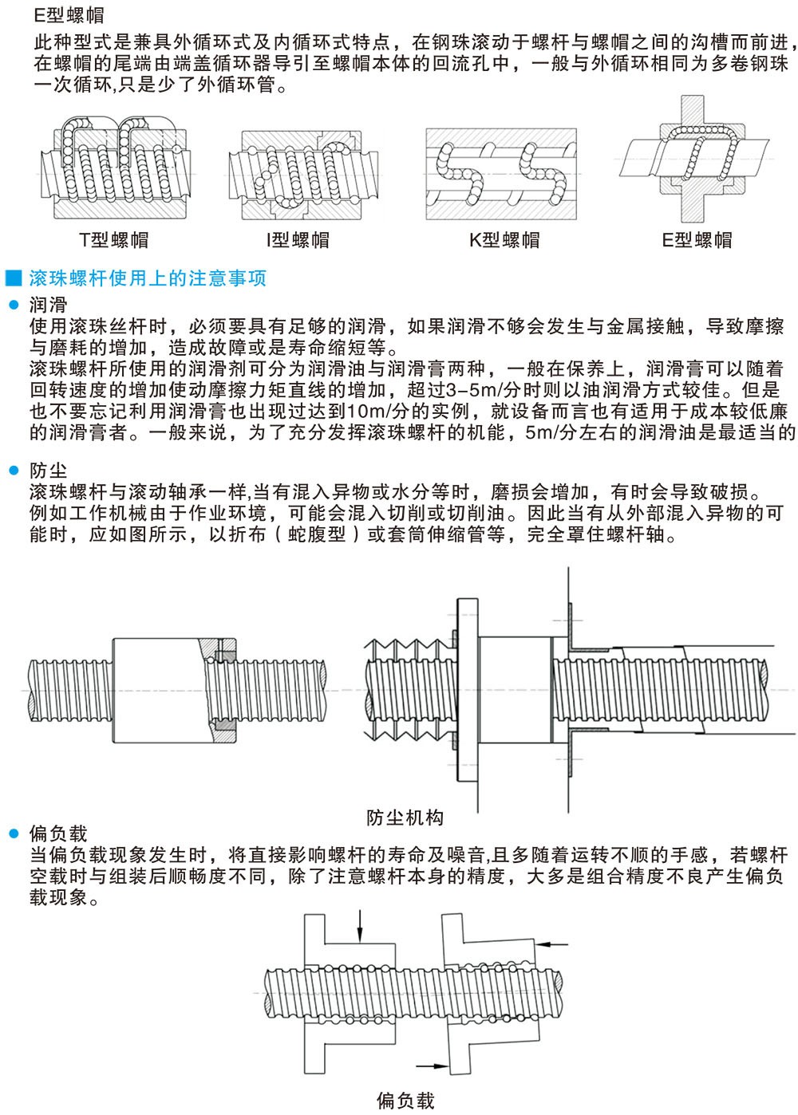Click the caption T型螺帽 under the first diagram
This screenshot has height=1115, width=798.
[114, 240]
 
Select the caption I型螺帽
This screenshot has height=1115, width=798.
[298, 240]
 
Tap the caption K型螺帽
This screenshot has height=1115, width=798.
[504, 240]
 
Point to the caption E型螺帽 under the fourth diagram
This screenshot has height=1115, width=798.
[697, 240]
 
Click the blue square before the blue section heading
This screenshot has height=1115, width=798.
[14, 278]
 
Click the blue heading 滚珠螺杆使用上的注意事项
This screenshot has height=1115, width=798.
[148, 278]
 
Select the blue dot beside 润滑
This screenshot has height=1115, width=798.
[14, 305]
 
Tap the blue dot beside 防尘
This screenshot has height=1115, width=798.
[14, 471]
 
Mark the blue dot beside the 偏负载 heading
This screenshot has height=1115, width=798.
[14, 833]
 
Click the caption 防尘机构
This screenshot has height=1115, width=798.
[405, 818]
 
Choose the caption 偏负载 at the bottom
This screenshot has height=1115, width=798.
[405, 1101]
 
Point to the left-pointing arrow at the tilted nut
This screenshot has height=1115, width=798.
[551, 944]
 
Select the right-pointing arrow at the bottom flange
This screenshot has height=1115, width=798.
[433, 1066]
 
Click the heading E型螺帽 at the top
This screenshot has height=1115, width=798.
[69, 15]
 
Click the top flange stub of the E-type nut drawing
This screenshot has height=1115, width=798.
[693, 110]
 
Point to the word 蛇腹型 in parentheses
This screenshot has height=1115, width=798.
[317, 534]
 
